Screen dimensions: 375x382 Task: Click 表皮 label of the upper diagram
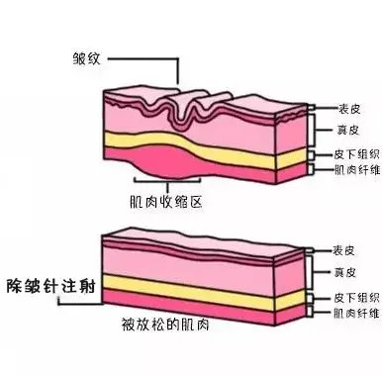[x=338, y=111]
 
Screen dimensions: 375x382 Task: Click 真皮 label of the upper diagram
[x=338, y=131]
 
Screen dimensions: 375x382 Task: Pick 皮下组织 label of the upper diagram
[x=346, y=155]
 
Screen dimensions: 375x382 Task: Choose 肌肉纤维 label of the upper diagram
[x=346, y=170]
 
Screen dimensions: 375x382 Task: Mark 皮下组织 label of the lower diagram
[x=346, y=296]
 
